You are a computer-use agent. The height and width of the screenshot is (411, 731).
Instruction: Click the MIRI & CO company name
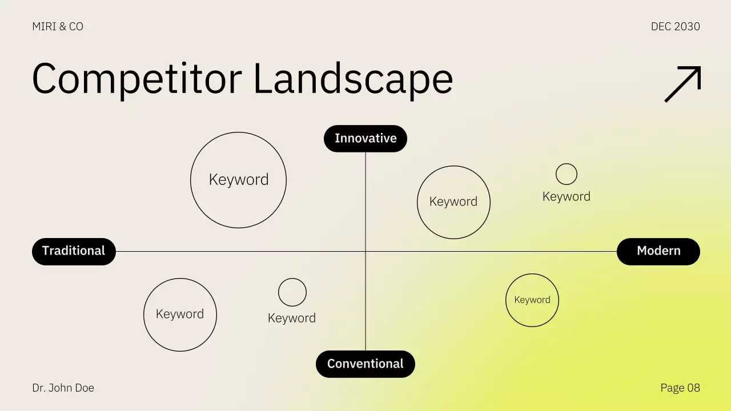(58, 27)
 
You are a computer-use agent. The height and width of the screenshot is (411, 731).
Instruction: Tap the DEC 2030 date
(675, 27)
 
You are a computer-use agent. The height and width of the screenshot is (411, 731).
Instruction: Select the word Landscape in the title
(353, 78)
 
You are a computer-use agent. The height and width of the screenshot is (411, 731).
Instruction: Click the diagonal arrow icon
(682, 84)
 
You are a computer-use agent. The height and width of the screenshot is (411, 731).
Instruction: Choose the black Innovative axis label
(365, 139)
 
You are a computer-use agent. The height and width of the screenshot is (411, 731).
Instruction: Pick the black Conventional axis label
(365, 364)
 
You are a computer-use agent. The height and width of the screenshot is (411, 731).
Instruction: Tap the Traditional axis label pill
(74, 251)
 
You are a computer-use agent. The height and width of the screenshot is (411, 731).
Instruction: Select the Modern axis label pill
(658, 251)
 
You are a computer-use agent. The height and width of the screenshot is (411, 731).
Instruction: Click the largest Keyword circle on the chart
(238, 180)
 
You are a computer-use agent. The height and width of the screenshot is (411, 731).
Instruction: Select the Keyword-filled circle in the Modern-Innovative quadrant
(453, 202)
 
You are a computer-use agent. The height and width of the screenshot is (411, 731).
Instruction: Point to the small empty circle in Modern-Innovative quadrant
(567, 174)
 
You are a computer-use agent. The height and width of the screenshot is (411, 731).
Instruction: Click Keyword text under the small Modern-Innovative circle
(567, 197)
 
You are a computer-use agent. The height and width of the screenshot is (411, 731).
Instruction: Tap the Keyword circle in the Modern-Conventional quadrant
(532, 300)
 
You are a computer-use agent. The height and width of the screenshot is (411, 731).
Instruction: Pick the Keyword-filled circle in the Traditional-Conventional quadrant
(180, 315)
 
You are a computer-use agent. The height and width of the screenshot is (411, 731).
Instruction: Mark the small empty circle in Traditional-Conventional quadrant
(292, 292)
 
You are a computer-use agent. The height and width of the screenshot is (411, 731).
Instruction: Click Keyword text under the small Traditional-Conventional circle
(292, 319)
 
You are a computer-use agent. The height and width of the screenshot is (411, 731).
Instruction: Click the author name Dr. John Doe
(63, 388)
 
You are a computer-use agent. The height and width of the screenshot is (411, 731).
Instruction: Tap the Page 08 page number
(680, 388)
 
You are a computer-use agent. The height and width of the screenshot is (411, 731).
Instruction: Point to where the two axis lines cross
(365, 251)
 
